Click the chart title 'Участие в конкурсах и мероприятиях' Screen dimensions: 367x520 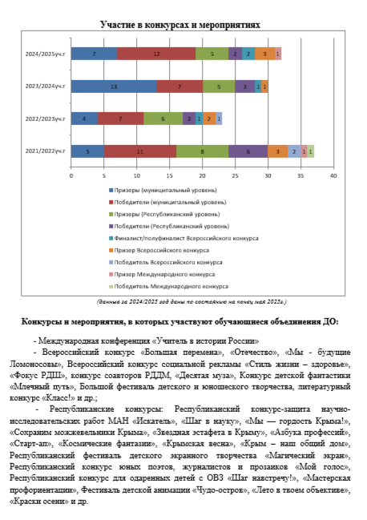click(180, 25)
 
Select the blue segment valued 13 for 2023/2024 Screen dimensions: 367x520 click(114, 87)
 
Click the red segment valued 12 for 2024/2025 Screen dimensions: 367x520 click(156, 54)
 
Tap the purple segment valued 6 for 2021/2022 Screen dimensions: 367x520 click(248, 151)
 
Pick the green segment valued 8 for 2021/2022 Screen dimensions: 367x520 click(202, 151)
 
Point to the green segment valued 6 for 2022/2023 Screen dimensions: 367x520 click(163, 119)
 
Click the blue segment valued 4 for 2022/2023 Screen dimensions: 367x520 click(84, 119)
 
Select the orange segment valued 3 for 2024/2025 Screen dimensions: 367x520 click(265, 54)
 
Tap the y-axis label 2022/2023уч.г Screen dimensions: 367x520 click(45, 119)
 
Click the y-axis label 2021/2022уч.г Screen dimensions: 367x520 click(45, 151)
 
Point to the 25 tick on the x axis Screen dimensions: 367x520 click(235, 175)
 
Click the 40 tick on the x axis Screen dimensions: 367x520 click(333, 175)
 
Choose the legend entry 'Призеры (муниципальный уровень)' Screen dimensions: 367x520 click(163, 191)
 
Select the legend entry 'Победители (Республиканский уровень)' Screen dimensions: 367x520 click(169, 227)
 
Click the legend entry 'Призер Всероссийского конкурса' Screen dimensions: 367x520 click(159, 250)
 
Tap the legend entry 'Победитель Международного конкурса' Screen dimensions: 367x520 click(169, 287)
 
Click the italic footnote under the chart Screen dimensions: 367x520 click(192, 302)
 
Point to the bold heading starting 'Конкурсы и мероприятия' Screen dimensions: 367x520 click(180, 322)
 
